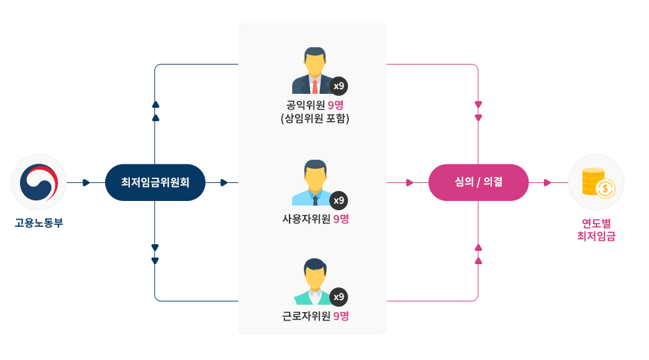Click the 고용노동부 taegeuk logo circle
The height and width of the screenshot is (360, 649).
[39, 182]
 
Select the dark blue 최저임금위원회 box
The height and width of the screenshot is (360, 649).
[155, 182]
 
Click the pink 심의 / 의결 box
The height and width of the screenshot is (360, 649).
[479, 182]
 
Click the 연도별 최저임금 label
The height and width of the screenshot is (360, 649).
[596, 228]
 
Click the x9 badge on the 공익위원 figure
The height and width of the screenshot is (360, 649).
[339, 86]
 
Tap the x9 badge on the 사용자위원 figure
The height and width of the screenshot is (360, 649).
[339, 200]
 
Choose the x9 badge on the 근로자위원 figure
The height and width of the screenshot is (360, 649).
[339, 297]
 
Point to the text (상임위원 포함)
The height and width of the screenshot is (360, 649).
[315, 119]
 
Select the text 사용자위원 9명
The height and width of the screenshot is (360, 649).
[315, 219]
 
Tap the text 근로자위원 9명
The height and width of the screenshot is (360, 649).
[315, 316]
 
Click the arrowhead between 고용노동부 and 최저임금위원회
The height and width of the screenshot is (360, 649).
[87, 182]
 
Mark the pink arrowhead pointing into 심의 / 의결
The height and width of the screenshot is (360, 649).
[409, 182]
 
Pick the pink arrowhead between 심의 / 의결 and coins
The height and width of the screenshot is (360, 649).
[547, 182]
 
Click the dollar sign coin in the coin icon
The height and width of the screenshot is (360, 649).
[605, 189]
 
